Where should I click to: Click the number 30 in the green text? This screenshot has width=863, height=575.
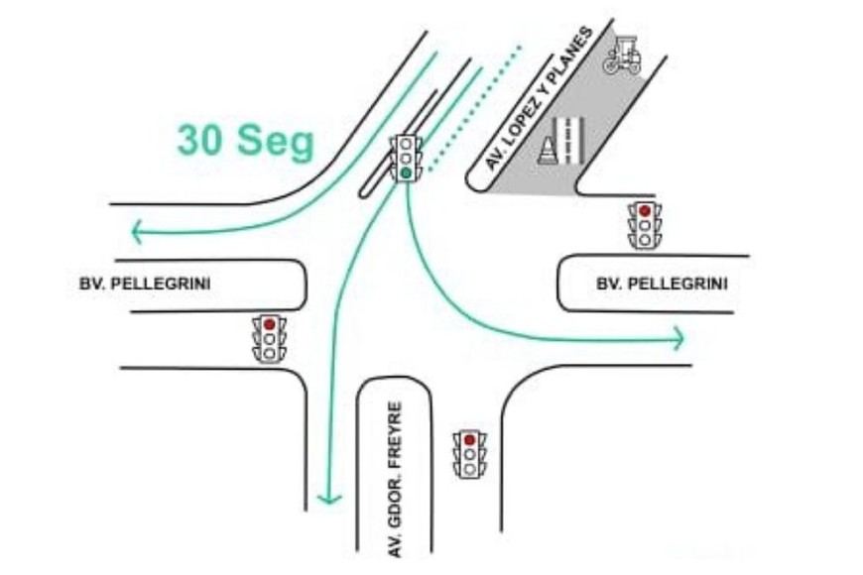(x=199, y=141)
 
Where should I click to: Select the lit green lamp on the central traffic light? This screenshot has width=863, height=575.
(x=407, y=173)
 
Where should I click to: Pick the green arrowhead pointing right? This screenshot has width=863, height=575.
(x=678, y=338)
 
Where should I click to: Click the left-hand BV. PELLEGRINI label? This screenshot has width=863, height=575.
(x=145, y=284)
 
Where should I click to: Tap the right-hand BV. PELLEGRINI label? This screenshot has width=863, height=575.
(x=662, y=284)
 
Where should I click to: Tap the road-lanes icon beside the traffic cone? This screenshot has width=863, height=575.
(x=570, y=140)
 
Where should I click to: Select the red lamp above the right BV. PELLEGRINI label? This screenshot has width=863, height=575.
(x=645, y=210)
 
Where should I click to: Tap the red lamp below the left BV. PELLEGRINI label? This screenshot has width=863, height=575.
(x=269, y=324)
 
